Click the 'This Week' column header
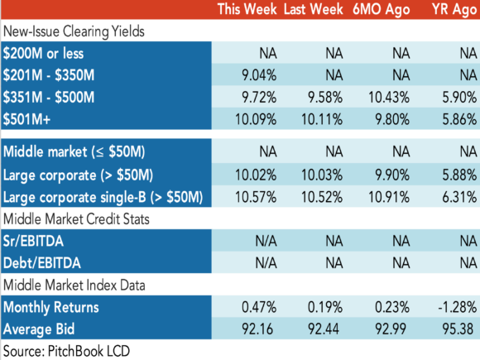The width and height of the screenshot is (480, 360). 247,9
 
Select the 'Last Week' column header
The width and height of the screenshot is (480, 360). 313,9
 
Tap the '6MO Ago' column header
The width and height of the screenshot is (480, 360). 382,9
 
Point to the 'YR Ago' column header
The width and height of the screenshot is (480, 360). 454,9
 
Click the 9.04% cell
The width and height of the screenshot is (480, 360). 259,75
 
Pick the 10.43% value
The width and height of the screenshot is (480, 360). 389,98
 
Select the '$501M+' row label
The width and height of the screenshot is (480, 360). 26,119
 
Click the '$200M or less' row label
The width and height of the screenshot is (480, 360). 43,53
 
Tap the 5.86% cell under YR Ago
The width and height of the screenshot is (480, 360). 459,119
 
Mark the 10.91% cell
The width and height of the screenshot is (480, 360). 389,197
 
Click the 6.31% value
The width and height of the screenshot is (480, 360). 459,197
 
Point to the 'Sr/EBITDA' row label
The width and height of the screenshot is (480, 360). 33,241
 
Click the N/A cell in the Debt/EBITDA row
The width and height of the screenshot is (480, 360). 266,263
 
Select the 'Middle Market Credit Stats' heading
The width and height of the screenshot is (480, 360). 76,219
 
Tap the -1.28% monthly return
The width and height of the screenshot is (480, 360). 458,307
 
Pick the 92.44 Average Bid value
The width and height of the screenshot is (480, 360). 324,329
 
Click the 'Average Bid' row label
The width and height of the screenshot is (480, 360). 39,329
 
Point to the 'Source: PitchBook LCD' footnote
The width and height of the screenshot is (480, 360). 66,351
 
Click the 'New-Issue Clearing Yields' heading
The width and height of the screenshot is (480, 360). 74,31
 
